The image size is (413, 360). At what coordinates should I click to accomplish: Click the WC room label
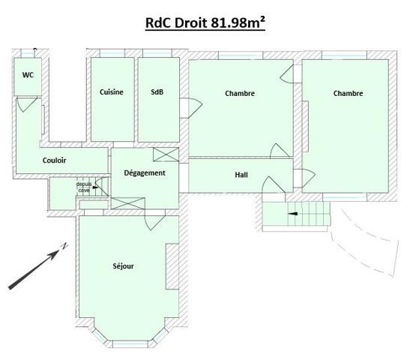[28, 75]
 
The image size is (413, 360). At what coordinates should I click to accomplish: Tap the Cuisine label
[112, 92]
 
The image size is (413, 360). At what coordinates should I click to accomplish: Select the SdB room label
[157, 92]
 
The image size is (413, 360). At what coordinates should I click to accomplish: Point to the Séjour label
[123, 266]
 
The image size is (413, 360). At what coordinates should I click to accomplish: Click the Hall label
[241, 175]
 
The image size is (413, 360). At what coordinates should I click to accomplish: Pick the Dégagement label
[145, 173]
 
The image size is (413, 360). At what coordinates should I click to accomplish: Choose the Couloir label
[54, 160]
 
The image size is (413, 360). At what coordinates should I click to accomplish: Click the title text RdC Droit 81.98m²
[205, 22]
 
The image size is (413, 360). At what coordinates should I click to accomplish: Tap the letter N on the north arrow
[64, 246]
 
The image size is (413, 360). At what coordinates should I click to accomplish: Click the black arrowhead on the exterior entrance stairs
[293, 214]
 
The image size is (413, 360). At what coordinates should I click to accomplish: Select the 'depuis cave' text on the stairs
[84, 187]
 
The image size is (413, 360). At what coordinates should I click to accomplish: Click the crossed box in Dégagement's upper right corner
[166, 154]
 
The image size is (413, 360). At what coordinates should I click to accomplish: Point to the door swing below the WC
[25, 104]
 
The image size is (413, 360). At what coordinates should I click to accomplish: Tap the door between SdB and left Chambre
[192, 108]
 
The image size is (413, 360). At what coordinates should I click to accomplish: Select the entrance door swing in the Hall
[273, 184]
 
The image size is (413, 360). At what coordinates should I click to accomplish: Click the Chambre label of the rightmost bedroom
[348, 93]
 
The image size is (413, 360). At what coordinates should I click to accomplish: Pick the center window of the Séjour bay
[130, 344]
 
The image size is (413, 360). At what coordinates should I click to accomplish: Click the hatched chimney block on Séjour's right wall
[172, 266]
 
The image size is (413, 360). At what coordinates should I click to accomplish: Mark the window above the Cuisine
[112, 53]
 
